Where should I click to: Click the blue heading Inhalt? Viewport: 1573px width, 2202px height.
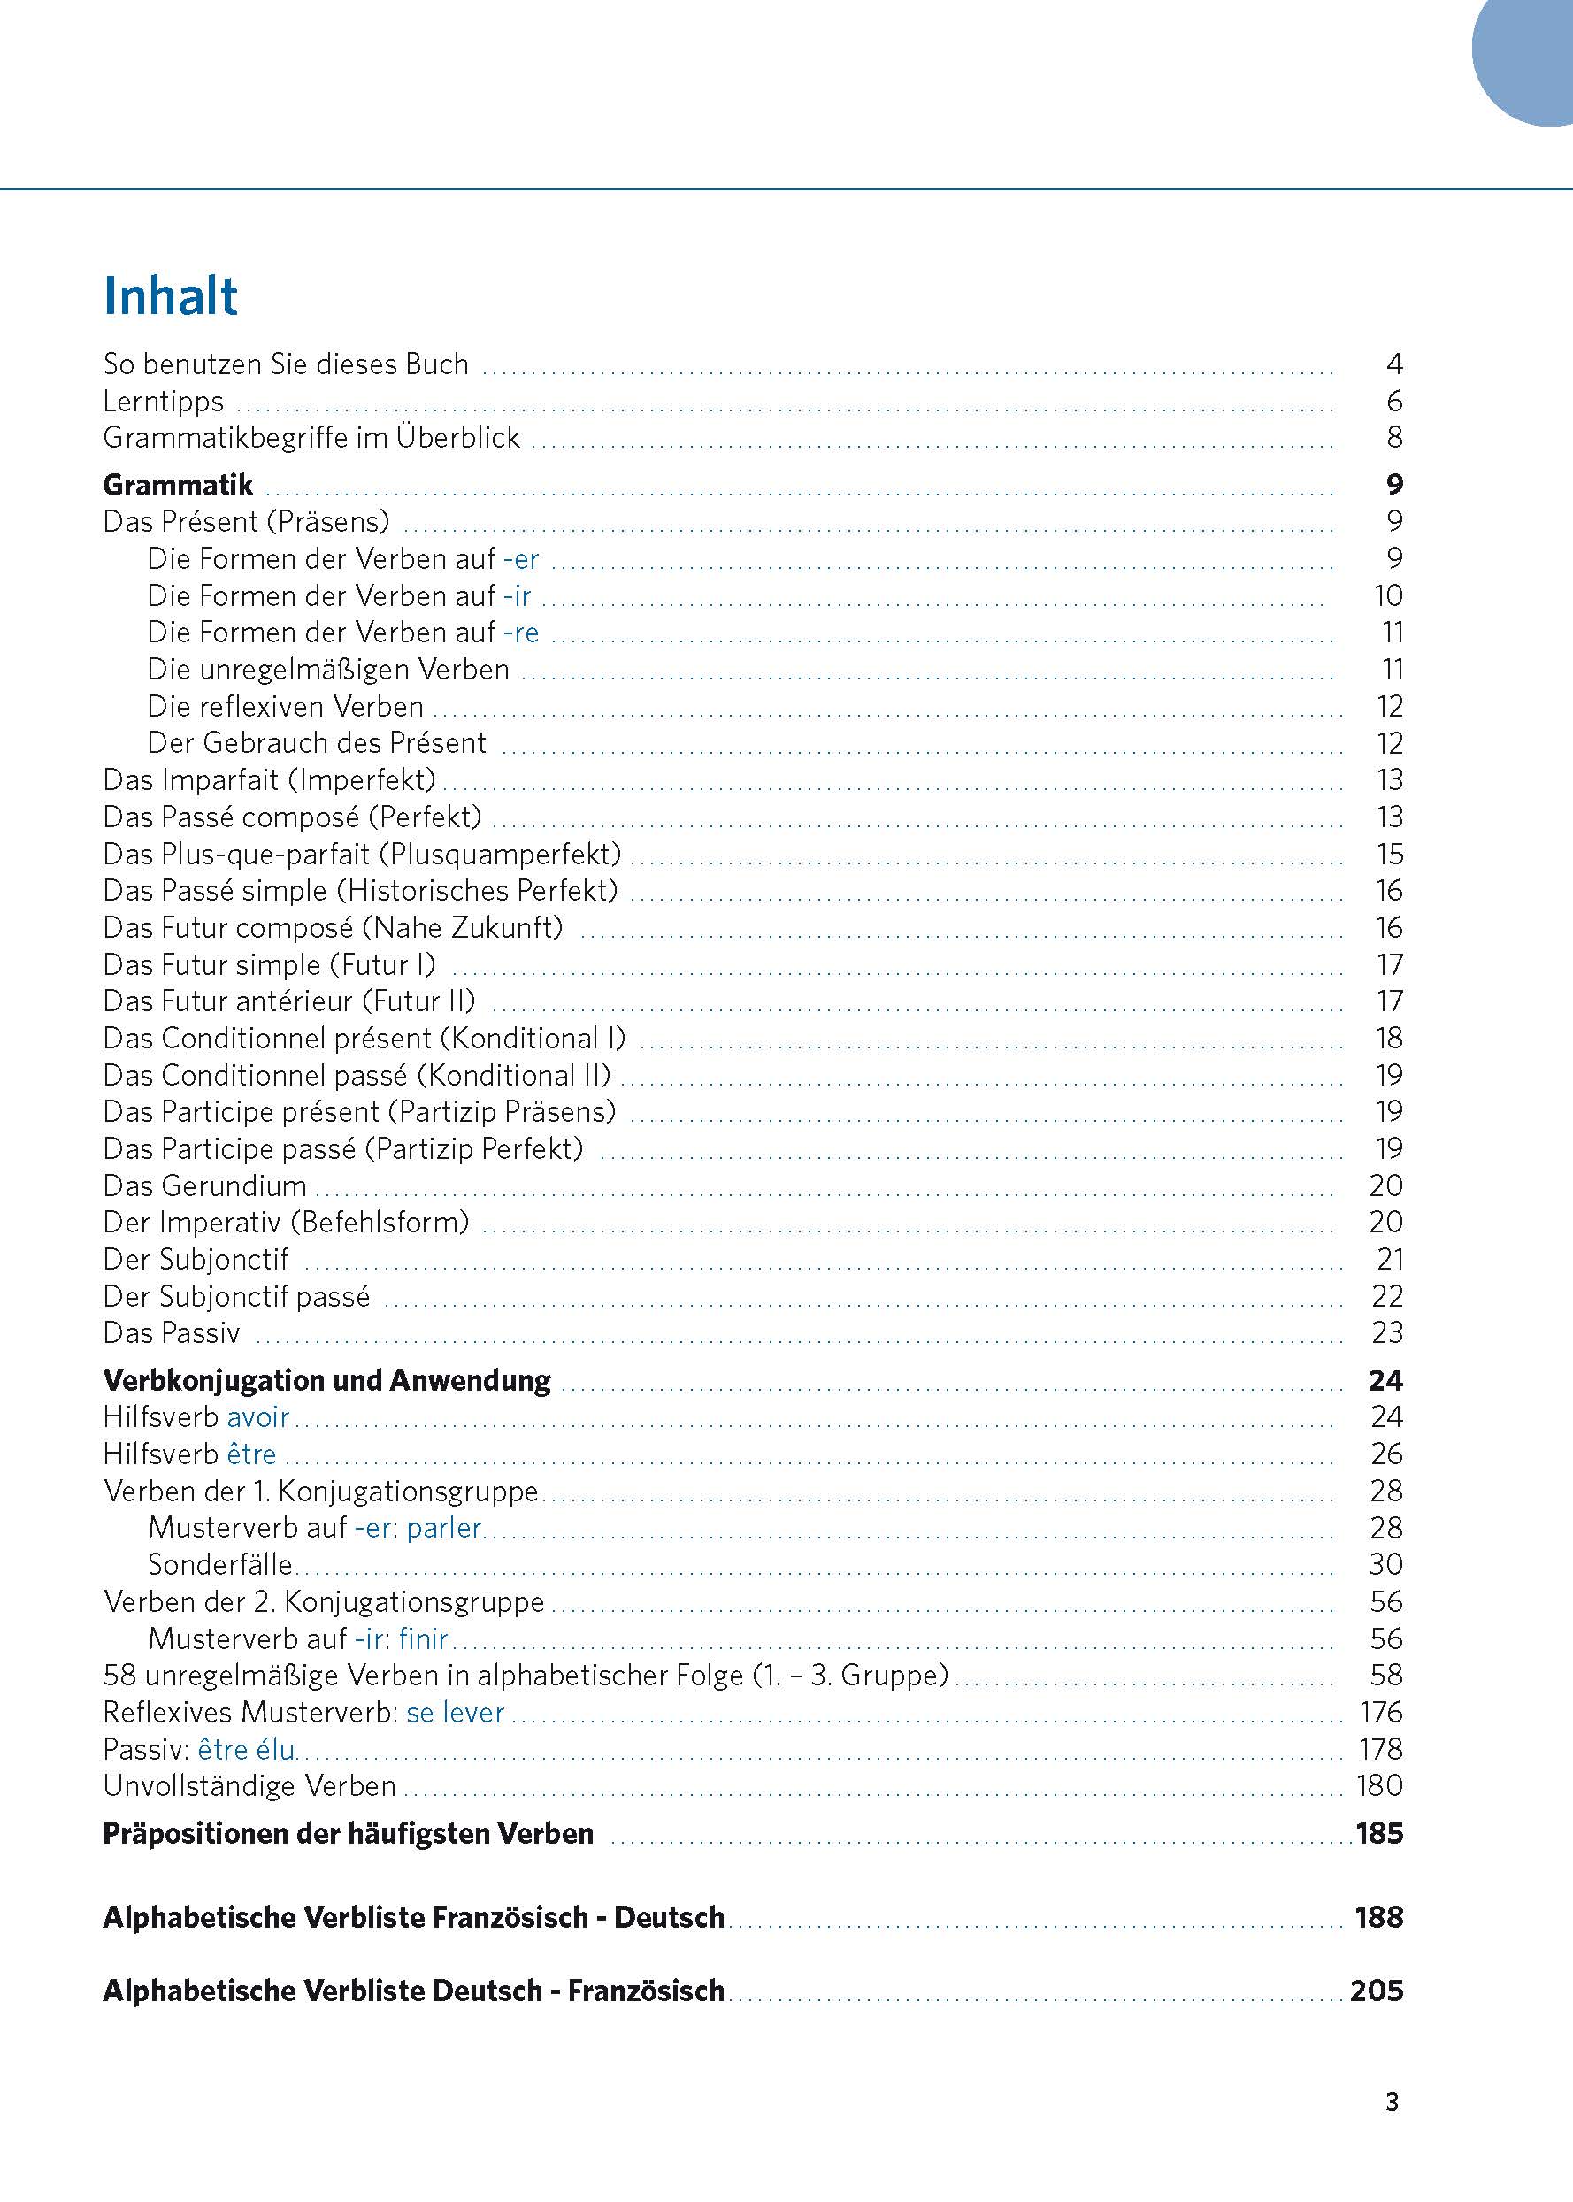click(x=171, y=296)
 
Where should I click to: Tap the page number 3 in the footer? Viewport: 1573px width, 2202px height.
click(x=1392, y=2102)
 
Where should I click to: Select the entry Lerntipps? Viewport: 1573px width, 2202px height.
click(x=163, y=401)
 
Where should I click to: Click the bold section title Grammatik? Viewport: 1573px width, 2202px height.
click(x=178, y=484)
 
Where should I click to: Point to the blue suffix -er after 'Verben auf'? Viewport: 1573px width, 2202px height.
click(x=521, y=559)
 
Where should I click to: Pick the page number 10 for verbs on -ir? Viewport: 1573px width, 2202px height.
click(x=1388, y=595)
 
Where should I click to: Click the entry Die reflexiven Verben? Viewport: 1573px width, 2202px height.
click(x=286, y=706)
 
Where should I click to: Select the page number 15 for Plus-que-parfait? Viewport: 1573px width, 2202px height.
click(x=1389, y=854)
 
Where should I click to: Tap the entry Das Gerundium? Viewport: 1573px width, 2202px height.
click(x=204, y=1185)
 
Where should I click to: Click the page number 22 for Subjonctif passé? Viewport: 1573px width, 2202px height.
click(x=1387, y=1296)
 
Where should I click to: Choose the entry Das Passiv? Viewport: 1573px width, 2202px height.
click(x=172, y=1332)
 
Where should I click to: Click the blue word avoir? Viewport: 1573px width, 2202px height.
click(x=257, y=1416)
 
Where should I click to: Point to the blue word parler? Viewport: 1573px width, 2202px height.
click(x=443, y=1527)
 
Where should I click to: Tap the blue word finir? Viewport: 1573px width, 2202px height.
click(x=423, y=1638)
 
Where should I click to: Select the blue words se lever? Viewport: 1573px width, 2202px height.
click(x=456, y=1712)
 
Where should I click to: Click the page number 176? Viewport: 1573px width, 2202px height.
click(x=1380, y=1712)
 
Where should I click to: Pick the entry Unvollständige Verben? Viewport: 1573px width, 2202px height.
click(x=249, y=1785)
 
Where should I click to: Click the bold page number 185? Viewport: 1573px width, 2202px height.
click(x=1379, y=1833)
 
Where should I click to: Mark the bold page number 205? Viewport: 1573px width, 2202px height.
click(x=1377, y=1991)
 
